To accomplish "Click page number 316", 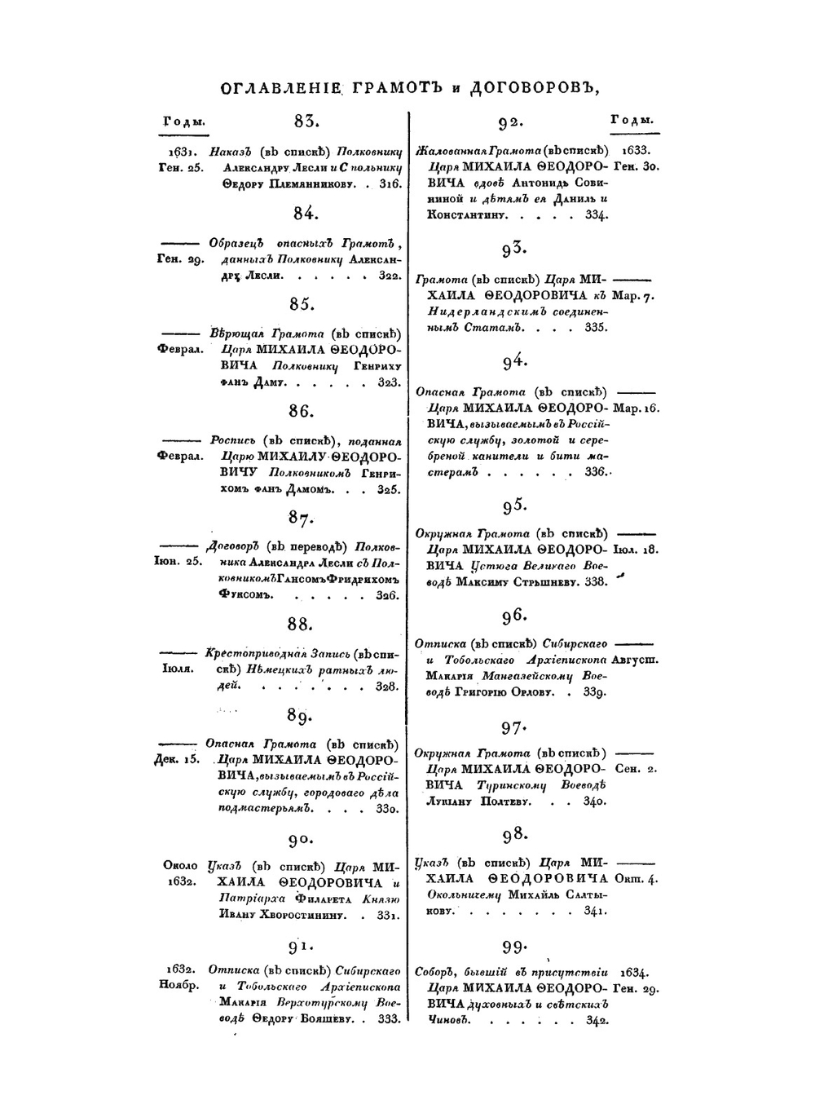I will [389, 185].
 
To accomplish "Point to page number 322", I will [389, 277].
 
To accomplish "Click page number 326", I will [387, 596].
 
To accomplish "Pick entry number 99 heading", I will [515, 947].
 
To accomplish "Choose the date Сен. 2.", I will [636, 769].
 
